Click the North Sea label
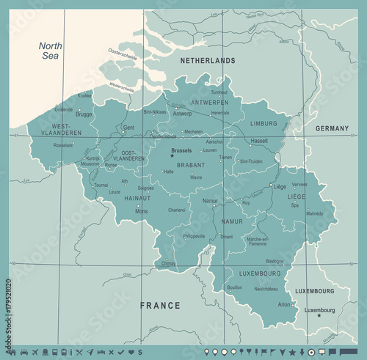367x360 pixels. click(x=51, y=51)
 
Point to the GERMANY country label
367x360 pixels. click(x=332, y=128)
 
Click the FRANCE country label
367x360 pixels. click(x=160, y=305)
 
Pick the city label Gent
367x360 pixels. click(x=128, y=127)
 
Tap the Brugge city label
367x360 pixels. click(x=84, y=114)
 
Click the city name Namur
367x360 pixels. click(x=210, y=200)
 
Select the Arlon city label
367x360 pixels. click(x=283, y=304)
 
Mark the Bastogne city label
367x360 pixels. click(x=274, y=261)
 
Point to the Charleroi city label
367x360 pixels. click(x=177, y=210)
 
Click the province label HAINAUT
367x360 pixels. click(x=137, y=198)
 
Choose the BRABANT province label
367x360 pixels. click(x=190, y=166)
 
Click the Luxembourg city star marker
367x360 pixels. click(x=319, y=316)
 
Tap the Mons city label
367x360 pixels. click(x=142, y=211)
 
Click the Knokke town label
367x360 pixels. click(x=85, y=95)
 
